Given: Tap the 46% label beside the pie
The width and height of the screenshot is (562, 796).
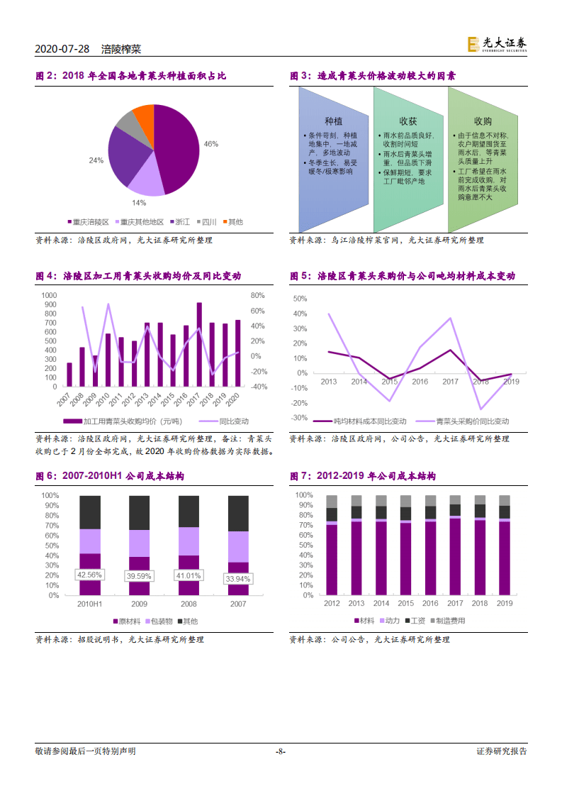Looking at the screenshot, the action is pos(211,144).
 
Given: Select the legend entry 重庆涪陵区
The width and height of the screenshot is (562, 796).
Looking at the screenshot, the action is pos(89,222).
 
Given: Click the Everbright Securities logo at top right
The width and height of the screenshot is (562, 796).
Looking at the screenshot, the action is pos(497,45).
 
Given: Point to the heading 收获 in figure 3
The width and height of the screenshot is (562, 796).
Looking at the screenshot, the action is pos(408,121).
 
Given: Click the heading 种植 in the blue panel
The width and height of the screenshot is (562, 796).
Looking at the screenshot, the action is pos(333,121).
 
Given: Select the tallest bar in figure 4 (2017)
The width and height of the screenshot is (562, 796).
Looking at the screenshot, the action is pos(199,344).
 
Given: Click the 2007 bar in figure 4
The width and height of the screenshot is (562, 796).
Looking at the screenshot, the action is pos(69,375).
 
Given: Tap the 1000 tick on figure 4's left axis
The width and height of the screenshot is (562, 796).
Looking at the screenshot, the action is pos(49,295).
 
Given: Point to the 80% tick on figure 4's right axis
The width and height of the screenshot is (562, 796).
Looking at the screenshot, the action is pos(258,295).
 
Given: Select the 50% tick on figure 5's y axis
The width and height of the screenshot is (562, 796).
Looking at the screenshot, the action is pos(300,299).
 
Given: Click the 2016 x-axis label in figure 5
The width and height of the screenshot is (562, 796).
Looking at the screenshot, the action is pos(420,382).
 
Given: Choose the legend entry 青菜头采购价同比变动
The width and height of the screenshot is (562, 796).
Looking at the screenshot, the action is pos(462,421).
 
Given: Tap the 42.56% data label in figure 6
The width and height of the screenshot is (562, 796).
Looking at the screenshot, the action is pos(89,575).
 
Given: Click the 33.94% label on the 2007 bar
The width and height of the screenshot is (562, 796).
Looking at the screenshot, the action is pos(238,579).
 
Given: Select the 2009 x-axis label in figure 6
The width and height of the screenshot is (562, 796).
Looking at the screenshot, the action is pos(139,604).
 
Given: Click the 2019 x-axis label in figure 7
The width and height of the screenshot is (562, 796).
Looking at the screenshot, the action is pos(505,604).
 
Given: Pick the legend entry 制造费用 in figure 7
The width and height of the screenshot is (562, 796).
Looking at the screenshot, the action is pos(448,621).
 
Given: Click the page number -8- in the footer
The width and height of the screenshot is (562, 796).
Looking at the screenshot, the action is pos(281,751).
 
